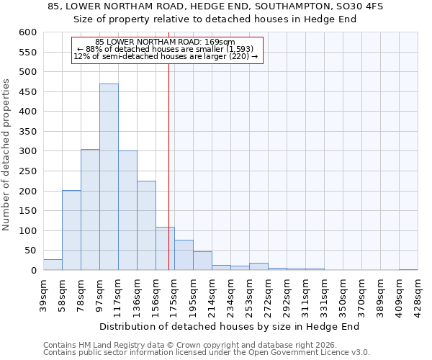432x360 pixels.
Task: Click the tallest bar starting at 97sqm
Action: [109, 177]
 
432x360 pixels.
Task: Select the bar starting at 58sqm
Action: [71, 230]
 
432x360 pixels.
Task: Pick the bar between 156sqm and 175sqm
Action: [165, 248]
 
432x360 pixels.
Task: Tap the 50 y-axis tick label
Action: [30, 251]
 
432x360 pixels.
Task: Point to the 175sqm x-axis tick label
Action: [174, 294]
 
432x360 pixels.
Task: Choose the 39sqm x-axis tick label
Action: [43, 294]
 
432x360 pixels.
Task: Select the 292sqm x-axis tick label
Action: [287, 294]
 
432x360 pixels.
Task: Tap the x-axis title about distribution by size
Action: [230, 326]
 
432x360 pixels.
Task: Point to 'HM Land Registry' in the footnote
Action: [101, 345]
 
